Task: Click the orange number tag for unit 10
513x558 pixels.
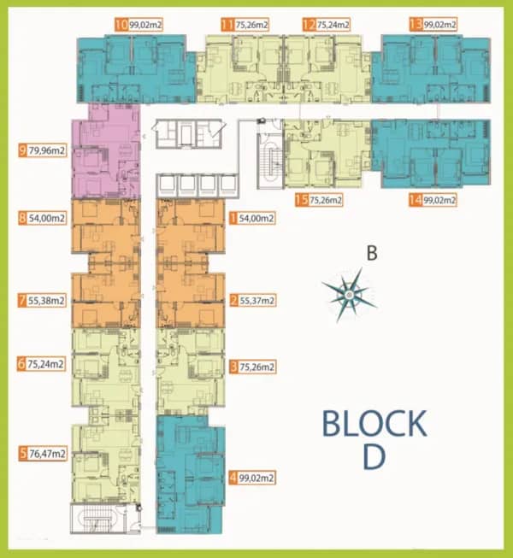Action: click(121, 25)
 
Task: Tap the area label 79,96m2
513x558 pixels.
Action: click(47, 150)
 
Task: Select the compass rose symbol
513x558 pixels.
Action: click(349, 295)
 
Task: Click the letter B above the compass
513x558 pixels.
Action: click(372, 254)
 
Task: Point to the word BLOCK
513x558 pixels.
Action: click(374, 424)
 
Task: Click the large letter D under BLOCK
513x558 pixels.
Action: click(374, 457)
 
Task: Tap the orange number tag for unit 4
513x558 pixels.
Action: click(233, 478)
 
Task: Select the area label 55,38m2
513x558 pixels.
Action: click(46, 300)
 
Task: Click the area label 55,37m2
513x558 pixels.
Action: click(256, 300)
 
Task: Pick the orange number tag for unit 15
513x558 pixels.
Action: click(301, 200)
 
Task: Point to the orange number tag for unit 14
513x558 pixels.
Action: click(416, 200)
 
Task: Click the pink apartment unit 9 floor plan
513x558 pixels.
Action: click(105, 151)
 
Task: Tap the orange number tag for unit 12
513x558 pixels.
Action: click(309, 25)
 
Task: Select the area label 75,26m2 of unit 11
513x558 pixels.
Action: click(251, 25)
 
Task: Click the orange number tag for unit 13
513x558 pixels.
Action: click(416, 25)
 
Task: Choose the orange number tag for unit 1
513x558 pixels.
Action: click(233, 218)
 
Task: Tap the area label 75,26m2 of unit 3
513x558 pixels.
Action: click(256, 367)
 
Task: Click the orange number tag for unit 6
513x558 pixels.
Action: click(21, 364)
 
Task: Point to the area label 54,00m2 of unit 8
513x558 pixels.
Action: click(47, 218)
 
